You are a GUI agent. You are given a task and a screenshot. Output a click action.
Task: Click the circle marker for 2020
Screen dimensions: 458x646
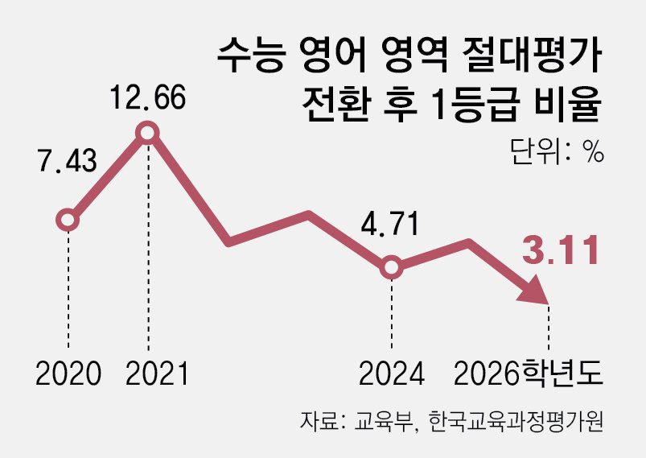[x=68, y=220]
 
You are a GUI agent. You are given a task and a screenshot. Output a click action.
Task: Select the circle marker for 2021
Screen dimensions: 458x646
[x=147, y=133]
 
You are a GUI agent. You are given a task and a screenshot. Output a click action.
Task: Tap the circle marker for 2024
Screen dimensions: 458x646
[x=390, y=267]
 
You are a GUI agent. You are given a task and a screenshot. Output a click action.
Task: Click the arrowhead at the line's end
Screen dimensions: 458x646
[x=534, y=291]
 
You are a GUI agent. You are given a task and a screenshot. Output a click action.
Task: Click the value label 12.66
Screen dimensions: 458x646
[x=148, y=98]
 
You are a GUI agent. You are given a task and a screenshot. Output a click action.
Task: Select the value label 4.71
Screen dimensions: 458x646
[x=390, y=224]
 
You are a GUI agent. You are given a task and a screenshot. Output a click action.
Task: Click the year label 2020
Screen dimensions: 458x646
[x=68, y=373]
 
